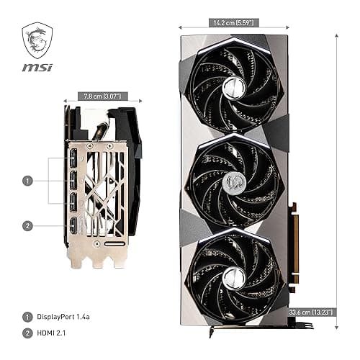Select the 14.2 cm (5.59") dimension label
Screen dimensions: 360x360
[x=233, y=22]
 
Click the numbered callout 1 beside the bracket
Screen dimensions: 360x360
[x=27, y=181]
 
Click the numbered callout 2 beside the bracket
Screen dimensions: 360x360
[x=27, y=225]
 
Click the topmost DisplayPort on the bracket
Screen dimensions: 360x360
[x=75, y=156]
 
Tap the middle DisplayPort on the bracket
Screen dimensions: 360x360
[x=75, y=179]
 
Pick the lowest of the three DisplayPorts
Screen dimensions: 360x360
[x=75, y=201]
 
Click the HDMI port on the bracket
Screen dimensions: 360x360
[x=75, y=228]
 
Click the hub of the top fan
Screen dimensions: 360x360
[x=233, y=89]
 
